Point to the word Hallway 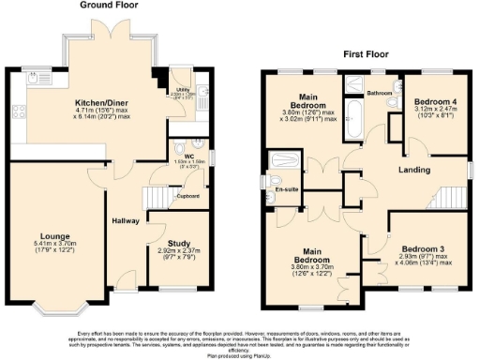pyautogui.click(x=126, y=220)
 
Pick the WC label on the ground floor pyautogui.click(x=187, y=156)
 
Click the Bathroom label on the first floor pyautogui.click(x=379, y=94)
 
